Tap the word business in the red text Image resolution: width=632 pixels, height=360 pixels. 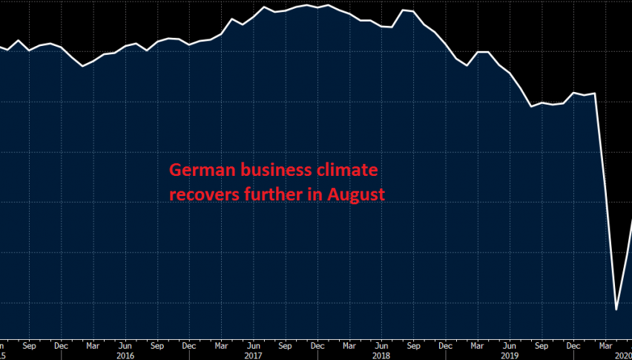pos(265,171)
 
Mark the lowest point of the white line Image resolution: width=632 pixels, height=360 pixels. pos(616,309)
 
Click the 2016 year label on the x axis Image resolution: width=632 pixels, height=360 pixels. pos(125,356)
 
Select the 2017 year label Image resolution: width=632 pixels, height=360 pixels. pos(254,356)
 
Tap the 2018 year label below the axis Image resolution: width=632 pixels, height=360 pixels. pos(381,356)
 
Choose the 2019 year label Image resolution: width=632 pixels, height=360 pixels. pos(509,356)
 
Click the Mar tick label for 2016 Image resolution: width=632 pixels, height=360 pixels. pos(93,345)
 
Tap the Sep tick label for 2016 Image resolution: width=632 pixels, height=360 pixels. pos(157,345)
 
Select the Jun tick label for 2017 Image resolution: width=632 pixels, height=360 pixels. pos(253,345)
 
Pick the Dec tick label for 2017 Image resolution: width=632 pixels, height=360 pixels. pos(317,345)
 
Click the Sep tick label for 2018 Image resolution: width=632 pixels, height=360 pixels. pos(412,345)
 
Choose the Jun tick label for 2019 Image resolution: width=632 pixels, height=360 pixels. pos(509,345)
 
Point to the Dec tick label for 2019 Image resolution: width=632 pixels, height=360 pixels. pos(573,345)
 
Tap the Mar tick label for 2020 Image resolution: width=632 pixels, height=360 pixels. pos(605,345)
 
